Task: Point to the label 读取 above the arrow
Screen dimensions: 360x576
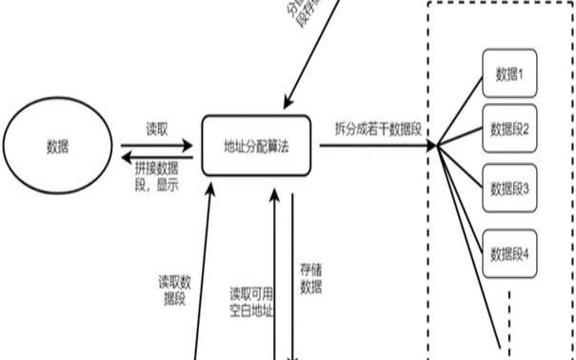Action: [157, 127]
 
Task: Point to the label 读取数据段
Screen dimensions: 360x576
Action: [175, 290]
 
